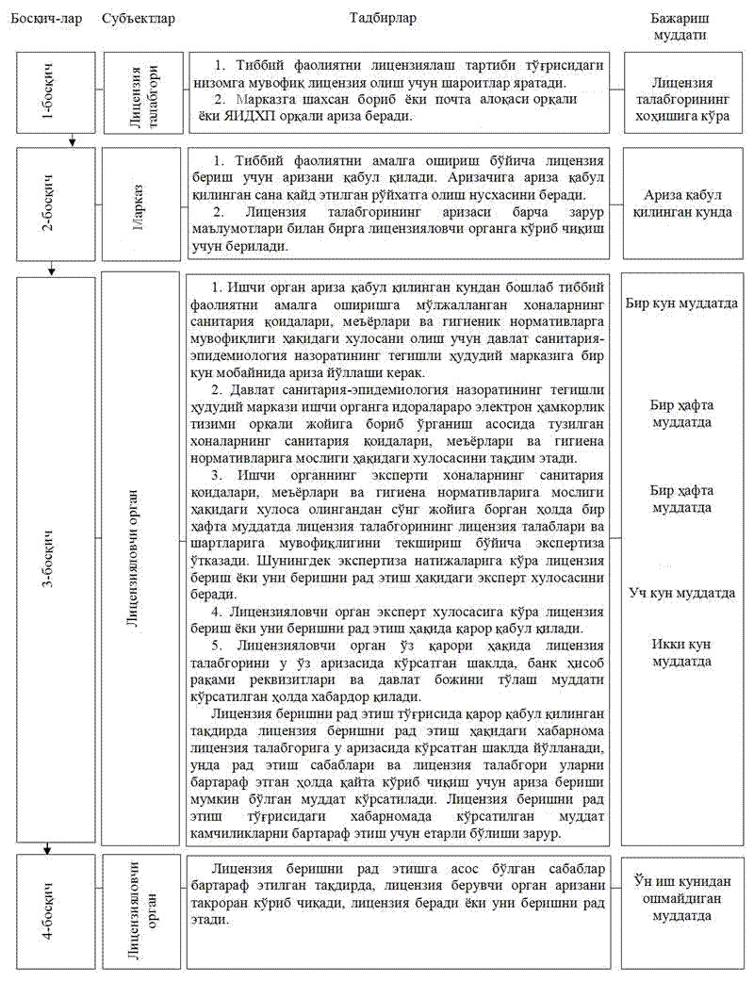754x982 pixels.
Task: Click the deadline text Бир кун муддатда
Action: (x=681, y=303)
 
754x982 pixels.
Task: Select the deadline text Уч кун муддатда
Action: (x=681, y=594)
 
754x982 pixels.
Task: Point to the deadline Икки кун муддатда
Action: (x=681, y=652)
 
